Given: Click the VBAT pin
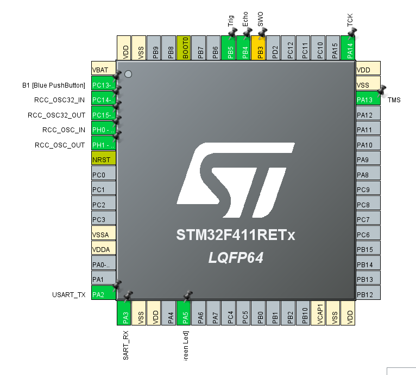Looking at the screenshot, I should (104, 70).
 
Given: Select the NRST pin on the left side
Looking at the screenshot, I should (104, 160).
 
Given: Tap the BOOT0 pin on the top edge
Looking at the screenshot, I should (185, 48).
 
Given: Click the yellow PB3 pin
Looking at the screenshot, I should (260, 48).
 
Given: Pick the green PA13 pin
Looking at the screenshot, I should (368, 100).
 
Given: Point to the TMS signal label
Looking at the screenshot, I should (394, 100).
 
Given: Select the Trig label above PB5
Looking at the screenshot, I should (230, 21).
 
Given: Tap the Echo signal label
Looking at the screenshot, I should (245, 20).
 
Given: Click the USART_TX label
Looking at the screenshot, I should (68, 295).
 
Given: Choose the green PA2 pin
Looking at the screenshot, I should (104, 294).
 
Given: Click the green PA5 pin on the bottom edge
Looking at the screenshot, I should (185, 314).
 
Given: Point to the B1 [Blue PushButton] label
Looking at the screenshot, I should (54, 85).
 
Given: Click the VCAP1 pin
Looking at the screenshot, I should (319, 314).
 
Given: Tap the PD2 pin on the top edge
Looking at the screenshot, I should (275, 48).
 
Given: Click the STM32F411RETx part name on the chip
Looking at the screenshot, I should (236, 236).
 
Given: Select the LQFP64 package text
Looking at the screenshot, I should (236, 257).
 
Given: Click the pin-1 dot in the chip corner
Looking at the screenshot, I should (128, 74).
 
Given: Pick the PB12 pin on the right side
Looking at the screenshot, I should (368, 294).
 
